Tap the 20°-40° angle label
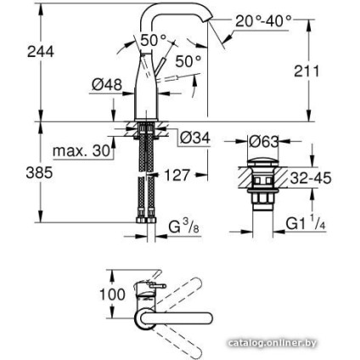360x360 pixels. click(262, 19)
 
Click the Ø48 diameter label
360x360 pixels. click(108, 85)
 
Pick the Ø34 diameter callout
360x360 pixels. click(194, 138)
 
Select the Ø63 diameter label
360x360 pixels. click(264, 139)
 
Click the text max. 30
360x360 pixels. click(82, 151)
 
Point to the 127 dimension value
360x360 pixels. click(176, 174)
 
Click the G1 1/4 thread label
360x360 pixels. click(305, 224)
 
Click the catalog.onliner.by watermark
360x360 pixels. click(273, 343)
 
